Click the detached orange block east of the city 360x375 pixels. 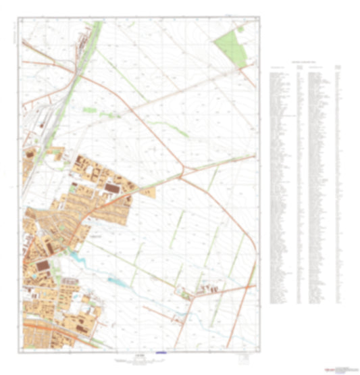(x=147, y=192)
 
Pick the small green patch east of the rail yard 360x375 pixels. (x=90, y=109)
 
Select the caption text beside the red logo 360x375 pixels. (x=344, y=369)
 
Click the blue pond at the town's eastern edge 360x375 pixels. (x=76, y=257)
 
